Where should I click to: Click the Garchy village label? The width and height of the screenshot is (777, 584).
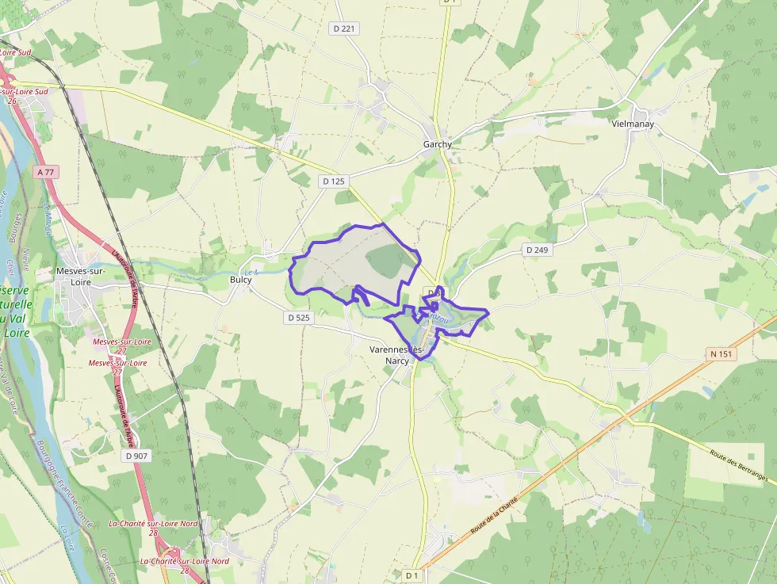click(x=437, y=144)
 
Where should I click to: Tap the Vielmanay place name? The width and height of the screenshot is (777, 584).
click(x=633, y=124)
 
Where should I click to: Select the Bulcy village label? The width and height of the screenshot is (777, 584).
click(x=240, y=280)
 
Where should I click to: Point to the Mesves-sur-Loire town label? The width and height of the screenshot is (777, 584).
click(x=81, y=276)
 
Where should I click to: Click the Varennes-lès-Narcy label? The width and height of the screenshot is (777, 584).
click(x=398, y=354)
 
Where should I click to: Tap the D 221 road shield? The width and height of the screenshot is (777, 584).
click(x=344, y=29)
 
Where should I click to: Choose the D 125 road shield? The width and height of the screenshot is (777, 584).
click(x=334, y=181)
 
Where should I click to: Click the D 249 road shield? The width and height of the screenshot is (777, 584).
click(x=537, y=250)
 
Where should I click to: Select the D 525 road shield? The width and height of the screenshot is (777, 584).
click(x=298, y=318)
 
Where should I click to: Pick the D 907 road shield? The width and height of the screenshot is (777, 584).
click(x=136, y=456)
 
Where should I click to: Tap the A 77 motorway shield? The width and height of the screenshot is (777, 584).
click(x=47, y=171)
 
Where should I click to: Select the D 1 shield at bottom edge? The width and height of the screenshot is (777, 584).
click(x=411, y=575)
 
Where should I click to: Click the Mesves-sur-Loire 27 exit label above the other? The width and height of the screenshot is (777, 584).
click(x=121, y=345)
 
